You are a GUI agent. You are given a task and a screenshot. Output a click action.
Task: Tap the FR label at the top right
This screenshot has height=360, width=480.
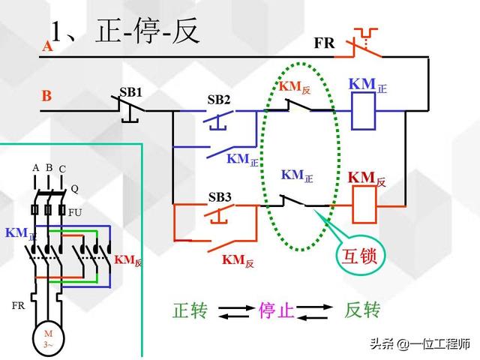point(324,43)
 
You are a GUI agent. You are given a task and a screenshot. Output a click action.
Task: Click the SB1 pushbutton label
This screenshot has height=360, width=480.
point(130,91)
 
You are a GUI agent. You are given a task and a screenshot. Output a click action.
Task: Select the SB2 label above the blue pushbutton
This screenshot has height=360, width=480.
point(219,100)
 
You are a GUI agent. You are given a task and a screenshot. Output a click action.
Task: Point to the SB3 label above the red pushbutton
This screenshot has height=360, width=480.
point(220,198)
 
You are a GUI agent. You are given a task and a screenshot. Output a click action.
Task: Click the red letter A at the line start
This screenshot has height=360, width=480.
point(47,46)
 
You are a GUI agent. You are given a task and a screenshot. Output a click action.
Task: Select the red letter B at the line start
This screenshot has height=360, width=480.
point(46,96)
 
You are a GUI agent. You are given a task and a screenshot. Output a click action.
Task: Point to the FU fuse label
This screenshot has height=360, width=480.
point(76,212)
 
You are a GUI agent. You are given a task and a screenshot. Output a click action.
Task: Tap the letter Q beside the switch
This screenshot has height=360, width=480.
point(74,189)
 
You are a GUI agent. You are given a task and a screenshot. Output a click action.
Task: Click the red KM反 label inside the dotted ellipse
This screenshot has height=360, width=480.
point(295,87)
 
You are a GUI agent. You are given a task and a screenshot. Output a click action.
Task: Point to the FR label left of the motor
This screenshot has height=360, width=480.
point(19,306)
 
